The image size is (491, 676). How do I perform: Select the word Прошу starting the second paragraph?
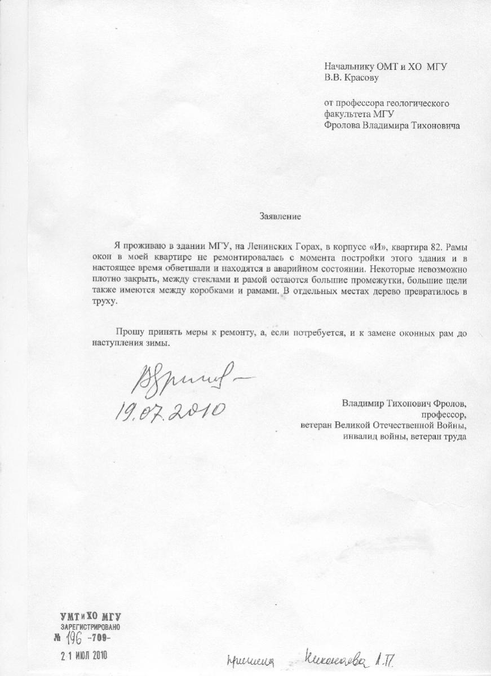pos(129,333)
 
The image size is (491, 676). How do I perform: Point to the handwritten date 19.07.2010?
pos(170,410)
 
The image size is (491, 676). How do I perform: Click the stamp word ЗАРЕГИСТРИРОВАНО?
pos(90,627)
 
